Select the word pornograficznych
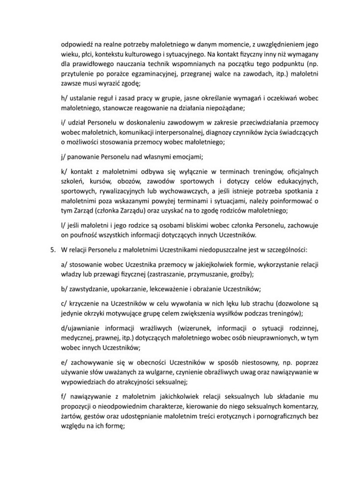point(281,418)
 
